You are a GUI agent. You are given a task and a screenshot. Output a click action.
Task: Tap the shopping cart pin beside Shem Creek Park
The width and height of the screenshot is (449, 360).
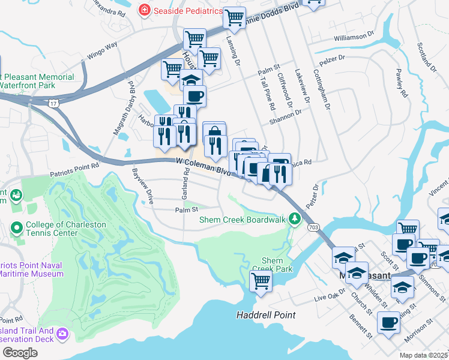pos(261,280)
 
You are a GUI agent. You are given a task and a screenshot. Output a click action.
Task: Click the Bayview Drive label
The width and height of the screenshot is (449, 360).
pos(143,187)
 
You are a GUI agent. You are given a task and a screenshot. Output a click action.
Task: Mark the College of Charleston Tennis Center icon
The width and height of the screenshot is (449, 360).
pos(17,229)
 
